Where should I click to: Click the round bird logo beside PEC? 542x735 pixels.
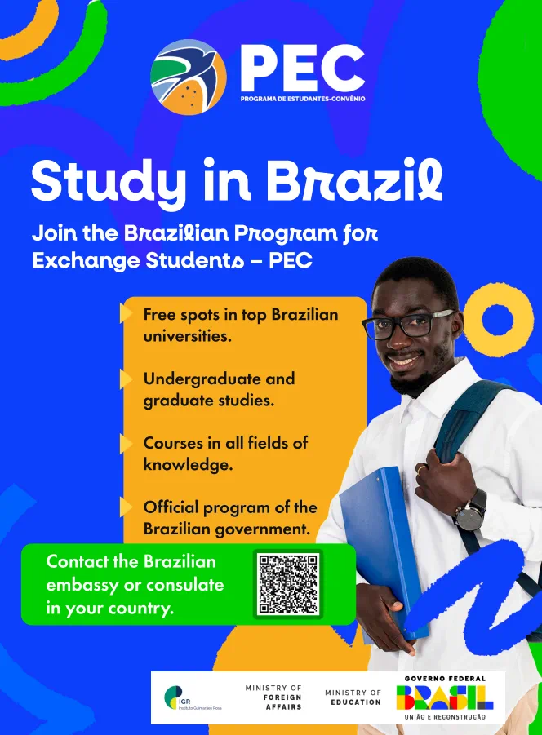[189, 77]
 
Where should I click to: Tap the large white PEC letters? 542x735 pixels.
[302, 69]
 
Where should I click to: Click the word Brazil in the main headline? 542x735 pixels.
[354, 180]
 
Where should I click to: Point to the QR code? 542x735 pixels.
[288, 583]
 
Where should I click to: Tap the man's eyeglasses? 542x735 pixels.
[409, 324]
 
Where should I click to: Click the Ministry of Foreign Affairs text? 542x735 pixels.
[273, 697]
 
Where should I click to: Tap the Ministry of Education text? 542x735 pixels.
[353, 697]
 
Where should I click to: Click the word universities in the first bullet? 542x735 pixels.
[187, 336]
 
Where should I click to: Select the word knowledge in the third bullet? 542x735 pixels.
[188, 464]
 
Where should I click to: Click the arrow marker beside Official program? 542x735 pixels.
[126, 507]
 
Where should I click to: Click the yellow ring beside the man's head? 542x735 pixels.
[497, 320]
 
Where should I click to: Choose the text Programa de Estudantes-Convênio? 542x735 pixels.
[303, 99]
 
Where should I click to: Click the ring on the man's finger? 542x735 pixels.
[421, 467]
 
